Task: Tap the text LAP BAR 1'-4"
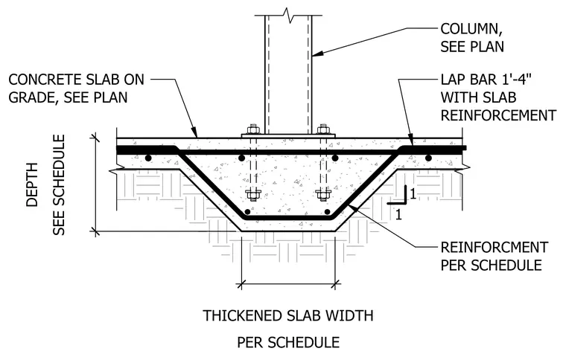(486, 80)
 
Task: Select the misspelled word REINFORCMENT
(495, 248)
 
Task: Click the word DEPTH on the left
(32, 185)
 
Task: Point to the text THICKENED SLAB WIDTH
(288, 315)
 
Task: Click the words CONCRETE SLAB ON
(76, 80)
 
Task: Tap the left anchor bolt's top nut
(252, 129)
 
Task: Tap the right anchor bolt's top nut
(323, 129)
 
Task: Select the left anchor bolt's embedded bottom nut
(252, 195)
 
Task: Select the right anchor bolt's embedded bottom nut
(322, 195)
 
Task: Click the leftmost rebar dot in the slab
(147, 158)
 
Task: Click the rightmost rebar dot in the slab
(428, 158)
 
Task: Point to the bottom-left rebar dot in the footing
(247, 211)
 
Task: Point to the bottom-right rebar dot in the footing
(328, 211)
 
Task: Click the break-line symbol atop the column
(288, 15)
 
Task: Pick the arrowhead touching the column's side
(317, 54)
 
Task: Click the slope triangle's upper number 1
(413, 194)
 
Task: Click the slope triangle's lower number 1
(398, 215)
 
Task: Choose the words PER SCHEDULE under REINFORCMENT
(492, 266)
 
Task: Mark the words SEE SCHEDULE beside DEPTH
(59, 185)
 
